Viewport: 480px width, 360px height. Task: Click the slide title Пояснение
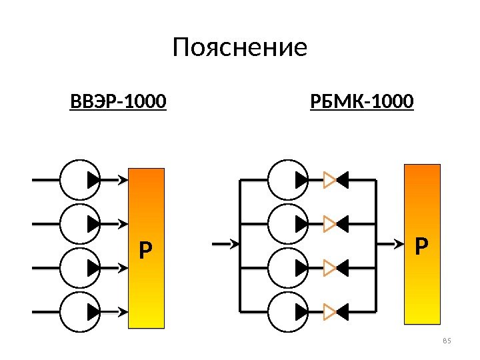point(240,48)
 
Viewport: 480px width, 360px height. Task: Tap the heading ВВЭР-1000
point(118,103)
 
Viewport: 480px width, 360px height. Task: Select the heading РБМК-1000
point(362,103)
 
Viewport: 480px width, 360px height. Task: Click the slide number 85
point(447,342)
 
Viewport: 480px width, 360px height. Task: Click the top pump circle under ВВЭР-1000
point(80,179)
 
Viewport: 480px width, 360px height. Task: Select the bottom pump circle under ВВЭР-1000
point(80,311)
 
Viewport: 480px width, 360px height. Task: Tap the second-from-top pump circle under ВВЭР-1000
point(80,223)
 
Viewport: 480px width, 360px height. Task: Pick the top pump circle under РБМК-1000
point(289,179)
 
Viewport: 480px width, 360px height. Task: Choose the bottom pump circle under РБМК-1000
point(289,311)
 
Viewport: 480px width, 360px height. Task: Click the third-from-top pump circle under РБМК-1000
point(289,267)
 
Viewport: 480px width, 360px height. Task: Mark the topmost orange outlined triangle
point(329,179)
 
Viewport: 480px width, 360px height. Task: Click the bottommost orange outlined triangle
point(329,311)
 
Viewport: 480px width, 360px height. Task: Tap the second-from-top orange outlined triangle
point(329,223)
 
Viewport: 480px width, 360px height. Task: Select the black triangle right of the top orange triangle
point(343,179)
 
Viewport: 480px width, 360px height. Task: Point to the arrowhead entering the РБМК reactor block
point(399,244)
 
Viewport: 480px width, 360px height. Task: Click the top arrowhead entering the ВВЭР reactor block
point(123,179)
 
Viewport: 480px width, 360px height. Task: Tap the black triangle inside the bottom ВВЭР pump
point(93,311)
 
